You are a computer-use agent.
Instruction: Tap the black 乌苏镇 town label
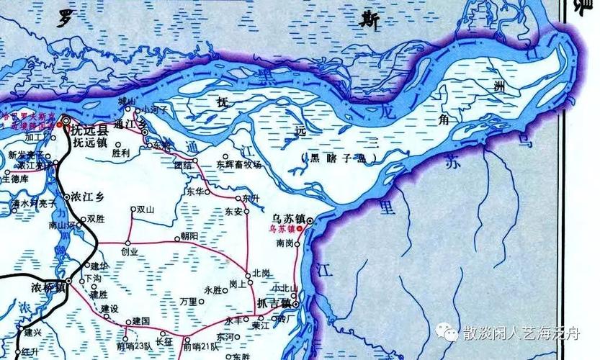pos(285,217)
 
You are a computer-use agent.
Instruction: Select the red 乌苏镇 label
pos(282,229)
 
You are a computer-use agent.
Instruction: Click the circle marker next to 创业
pos(127,242)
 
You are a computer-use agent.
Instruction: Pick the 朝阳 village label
pos(188,236)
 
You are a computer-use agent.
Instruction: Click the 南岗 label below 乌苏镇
pos(285,243)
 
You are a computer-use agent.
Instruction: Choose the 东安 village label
pos(233,212)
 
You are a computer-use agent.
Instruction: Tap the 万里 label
pos(188,301)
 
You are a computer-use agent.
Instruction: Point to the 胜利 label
pos(120,153)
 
